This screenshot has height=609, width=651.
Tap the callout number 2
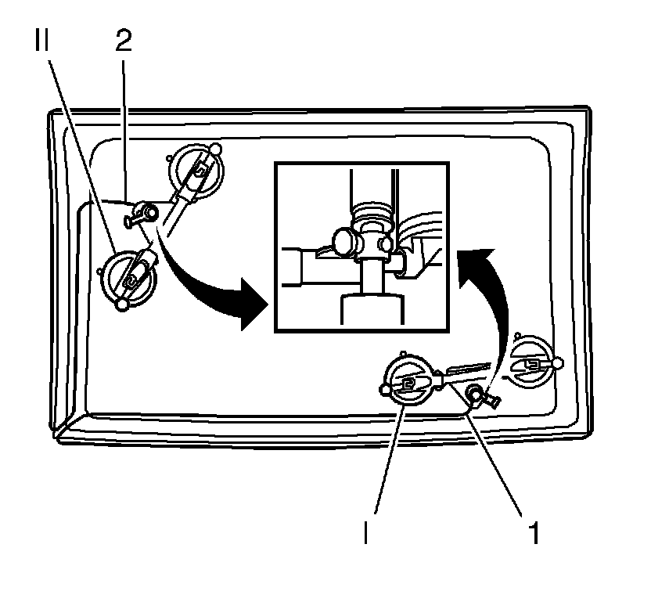tap(124, 42)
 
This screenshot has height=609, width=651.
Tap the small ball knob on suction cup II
tap(121, 304)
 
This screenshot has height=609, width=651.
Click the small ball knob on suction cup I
tap(384, 389)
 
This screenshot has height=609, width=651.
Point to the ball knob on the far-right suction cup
tap(556, 364)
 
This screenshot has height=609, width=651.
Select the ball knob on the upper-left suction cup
tap(216, 149)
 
